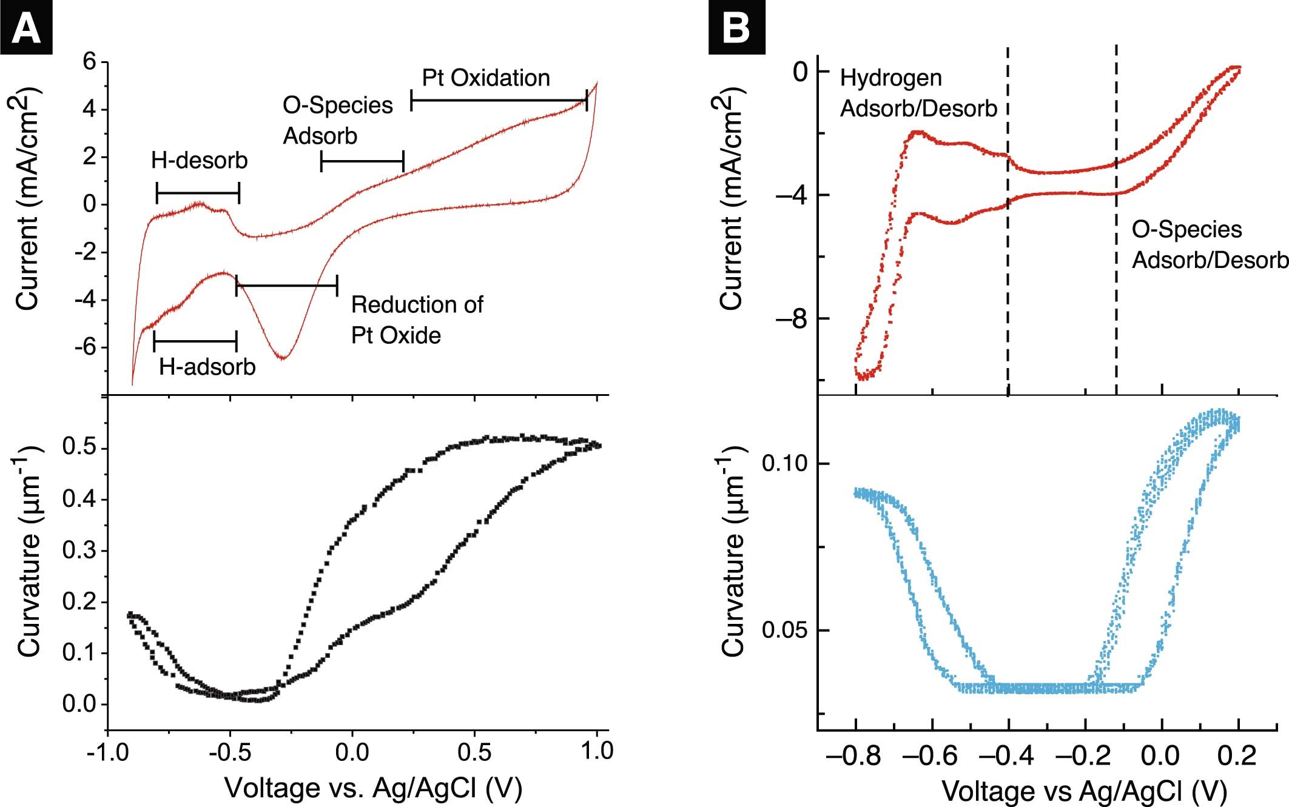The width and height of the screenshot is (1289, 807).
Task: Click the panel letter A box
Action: click(x=25, y=27)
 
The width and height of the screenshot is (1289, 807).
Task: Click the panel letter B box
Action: click(x=736, y=27)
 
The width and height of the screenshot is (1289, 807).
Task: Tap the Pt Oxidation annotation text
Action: click(x=486, y=78)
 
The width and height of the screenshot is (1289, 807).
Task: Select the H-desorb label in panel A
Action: click(x=200, y=161)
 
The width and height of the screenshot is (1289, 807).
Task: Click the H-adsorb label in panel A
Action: click(x=207, y=367)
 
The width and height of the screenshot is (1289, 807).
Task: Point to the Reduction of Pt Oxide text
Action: click(x=417, y=320)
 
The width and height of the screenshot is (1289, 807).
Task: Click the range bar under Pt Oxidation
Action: click(x=499, y=100)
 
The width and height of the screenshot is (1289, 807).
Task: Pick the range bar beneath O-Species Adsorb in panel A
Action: click(x=362, y=162)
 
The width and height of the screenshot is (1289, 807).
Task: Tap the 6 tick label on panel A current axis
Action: click(x=89, y=61)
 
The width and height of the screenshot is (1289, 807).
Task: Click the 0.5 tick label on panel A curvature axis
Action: click(x=79, y=447)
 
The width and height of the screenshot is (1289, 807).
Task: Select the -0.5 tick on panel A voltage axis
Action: click(x=230, y=752)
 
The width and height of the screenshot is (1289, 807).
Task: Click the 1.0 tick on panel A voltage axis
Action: click(x=597, y=752)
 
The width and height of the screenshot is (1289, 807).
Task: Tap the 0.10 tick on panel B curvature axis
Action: click(x=785, y=464)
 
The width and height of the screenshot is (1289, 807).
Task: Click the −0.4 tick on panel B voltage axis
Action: click(x=1008, y=756)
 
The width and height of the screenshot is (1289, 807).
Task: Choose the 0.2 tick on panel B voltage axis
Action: click(x=1237, y=756)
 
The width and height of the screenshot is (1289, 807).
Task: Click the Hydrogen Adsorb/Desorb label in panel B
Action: click(x=918, y=93)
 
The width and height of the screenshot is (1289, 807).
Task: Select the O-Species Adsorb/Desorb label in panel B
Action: click(x=1209, y=245)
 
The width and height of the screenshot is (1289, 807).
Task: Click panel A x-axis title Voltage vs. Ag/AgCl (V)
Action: click(x=373, y=788)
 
